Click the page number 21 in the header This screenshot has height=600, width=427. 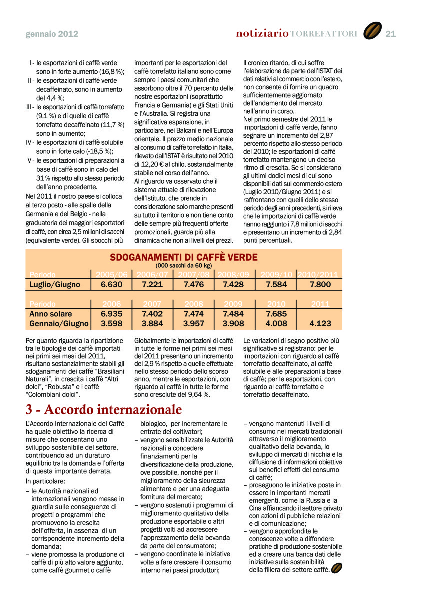pyautogui.click(x=391, y=33)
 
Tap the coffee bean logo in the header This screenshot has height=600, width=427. pyautogui.click(x=372, y=31)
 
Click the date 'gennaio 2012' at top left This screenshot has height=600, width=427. pyautogui.click(x=52, y=34)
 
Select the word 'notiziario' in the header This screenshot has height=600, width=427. pyautogui.click(x=262, y=33)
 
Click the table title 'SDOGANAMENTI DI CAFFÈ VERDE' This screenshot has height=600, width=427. pyautogui.click(x=184, y=257)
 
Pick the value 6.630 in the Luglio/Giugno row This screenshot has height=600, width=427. pyautogui.click(x=111, y=284)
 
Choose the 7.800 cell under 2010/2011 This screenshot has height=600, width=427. pyautogui.click(x=320, y=284)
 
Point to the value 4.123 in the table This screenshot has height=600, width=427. pyautogui.click(x=320, y=323)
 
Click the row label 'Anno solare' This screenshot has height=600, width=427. pyautogui.click(x=50, y=314)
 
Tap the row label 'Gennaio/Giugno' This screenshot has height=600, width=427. pyautogui.click(x=59, y=323)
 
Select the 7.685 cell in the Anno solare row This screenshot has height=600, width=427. pyautogui.click(x=276, y=314)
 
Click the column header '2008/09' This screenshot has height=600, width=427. pyautogui.click(x=233, y=274)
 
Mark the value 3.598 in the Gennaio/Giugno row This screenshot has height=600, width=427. pyautogui.click(x=111, y=323)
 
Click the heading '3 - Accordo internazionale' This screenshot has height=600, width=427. pyautogui.click(x=104, y=410)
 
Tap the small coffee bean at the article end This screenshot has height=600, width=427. pyautogui.click(x=336, y=568)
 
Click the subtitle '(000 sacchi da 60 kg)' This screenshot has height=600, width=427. pyautogui.click(x=184, y=266)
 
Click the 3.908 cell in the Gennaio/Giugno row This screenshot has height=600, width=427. pyautogui.click(x=233, y=323)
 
